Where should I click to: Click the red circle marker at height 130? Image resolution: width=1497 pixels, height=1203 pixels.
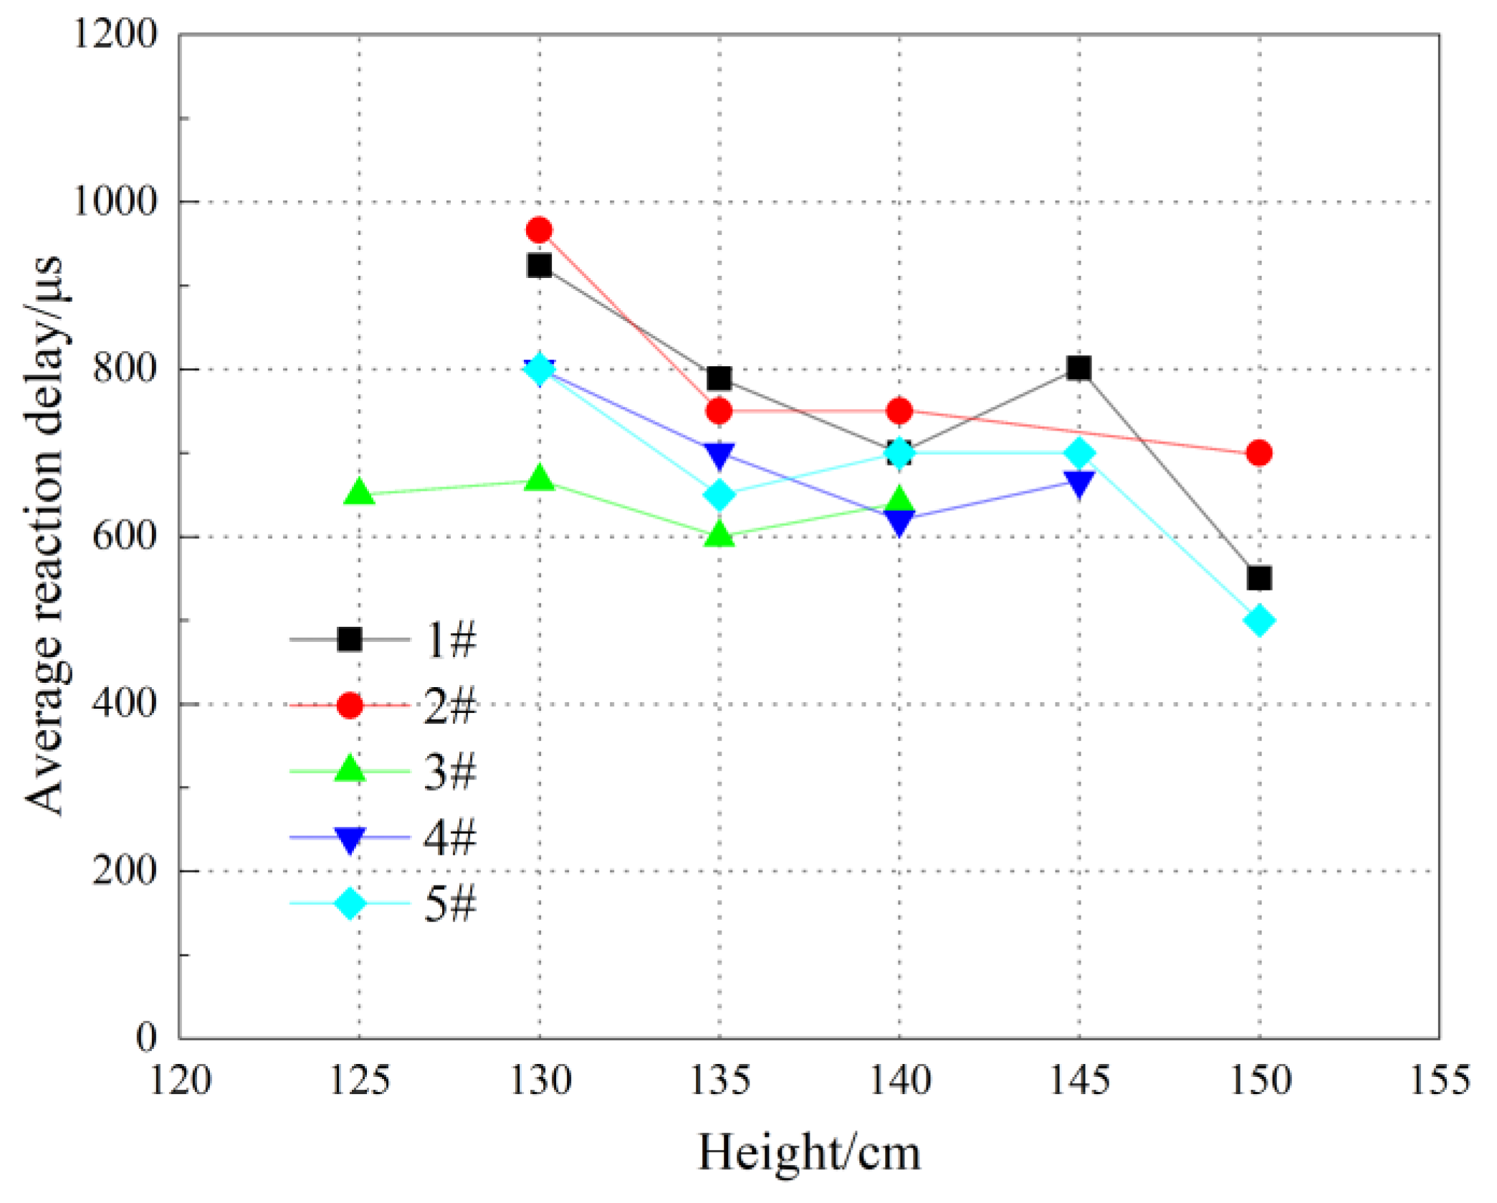pyautogui.click(x=539, y=230)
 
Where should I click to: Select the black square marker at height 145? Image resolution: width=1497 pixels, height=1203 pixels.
pyautogui.click(x=1078, y=368)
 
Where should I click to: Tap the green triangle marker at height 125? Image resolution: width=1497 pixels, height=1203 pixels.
pyautogui.click(x=359, y=493)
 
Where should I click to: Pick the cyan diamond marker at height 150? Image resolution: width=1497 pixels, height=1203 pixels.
pyautogui.click(x=1259, y=620)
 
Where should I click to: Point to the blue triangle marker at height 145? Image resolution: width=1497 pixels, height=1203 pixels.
pyautogui.click(x=1078, y=483)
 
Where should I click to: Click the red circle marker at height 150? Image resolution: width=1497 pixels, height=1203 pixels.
pyautogui.click(x=1259, y=453)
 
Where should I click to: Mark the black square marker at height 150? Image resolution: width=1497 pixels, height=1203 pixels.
pyautogui.click(x=1259, y=577)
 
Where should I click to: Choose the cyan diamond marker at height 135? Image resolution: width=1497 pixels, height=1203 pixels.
pyautogui.click(x=719, y=494)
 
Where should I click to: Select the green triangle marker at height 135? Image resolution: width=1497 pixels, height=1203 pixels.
pyautogui.click(x=719, y=535)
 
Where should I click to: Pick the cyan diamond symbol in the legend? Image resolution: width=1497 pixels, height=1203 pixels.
pyautogui.click(x=350, y=904)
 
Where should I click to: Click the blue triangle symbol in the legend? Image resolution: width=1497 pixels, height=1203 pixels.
pyautogui.click(x=350, y=839)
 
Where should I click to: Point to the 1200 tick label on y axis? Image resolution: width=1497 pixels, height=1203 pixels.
pyautogui.click(x=115, y=34)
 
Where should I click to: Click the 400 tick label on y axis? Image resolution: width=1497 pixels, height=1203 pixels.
pyautogui.click(x=124, y=704)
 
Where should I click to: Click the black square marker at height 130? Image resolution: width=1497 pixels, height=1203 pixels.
pyautogui.click(x=539, y=266)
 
